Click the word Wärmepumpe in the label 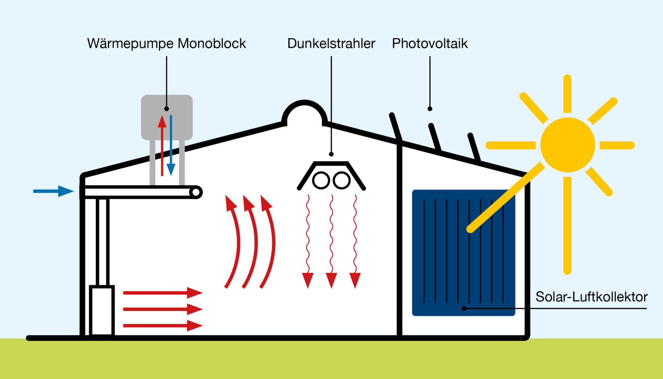click(x=130, y=44)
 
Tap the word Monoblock click(x=212, y=44)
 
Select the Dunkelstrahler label click(x=331, y=44)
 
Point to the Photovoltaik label click(x=430, y=44)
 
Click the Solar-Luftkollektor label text click(x=592, y=297)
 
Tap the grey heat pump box click(x=167, y=117)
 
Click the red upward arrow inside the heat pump click(x=162, y=146)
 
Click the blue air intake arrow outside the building click(x=53, y=191)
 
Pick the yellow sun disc click(x=567, y=145)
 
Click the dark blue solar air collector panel click(x=463, y=253)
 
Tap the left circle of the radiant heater click(x=321, y=181)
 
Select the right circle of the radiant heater click(x=342, y=181)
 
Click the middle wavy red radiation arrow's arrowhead click(x=331, y=280)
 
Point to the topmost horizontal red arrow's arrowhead click(x=195, y=293)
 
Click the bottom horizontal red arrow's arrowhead click(x=195, y=326)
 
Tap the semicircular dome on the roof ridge click(x=305, y=105)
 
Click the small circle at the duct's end click(x=196, y=192)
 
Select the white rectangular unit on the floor click(x=102, y=310)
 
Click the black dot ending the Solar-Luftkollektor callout click(x=464, y=308)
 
